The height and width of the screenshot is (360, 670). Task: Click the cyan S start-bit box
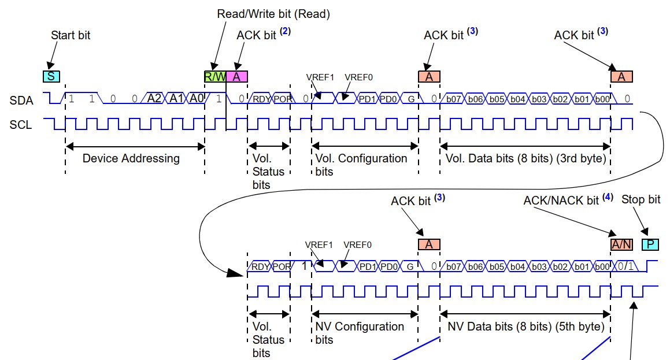click(51, 76)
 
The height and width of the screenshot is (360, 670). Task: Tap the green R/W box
click(214, 76)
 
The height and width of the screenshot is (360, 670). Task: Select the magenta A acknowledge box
click(237, 76)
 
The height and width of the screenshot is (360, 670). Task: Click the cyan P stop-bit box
click(650, 244)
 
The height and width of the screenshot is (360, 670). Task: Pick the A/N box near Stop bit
click(621, 244)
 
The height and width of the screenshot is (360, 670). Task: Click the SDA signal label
click(21, 101)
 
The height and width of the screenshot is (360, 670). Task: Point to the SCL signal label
click(21, 124)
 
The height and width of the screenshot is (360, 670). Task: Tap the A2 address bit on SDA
click(154, 98)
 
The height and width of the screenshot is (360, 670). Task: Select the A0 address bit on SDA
click(197, 98)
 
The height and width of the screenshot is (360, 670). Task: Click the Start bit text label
click(71, 35)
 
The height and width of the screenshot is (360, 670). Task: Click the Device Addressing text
click(131, 158)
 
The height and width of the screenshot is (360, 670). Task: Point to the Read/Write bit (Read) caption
click(273, 13)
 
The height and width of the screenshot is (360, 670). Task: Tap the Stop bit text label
click(641, 199)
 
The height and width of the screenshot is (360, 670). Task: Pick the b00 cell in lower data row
click(601, 267)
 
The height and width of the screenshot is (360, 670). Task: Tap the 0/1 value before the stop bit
click(625, 267)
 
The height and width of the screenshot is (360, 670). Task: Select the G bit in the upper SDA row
click(409, 99)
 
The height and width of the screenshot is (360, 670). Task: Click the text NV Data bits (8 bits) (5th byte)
click(526, 326)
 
